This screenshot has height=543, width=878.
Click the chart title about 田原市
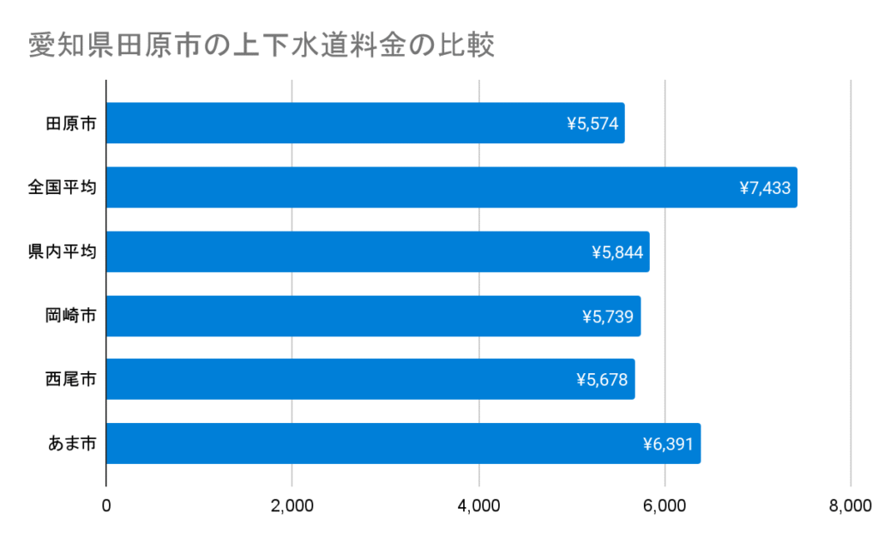(x=262, y=45)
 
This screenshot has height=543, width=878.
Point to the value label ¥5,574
(x=592, y=124)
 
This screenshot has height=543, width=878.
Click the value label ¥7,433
(x=765, y=188)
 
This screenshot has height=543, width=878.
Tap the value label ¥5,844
(x=616, y=251)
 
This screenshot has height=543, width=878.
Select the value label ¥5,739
(x=607, y=316)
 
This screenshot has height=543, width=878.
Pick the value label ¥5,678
(x=602, y=379)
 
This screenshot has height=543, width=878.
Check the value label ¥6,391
(x=668, y=443)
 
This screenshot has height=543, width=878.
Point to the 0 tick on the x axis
(x=106, y=506)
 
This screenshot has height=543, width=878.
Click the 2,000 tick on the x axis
(x=292, y=506)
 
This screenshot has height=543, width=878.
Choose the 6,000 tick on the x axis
(x=665, y=506)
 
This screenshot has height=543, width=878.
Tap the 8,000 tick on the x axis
(x=850, y=506)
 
